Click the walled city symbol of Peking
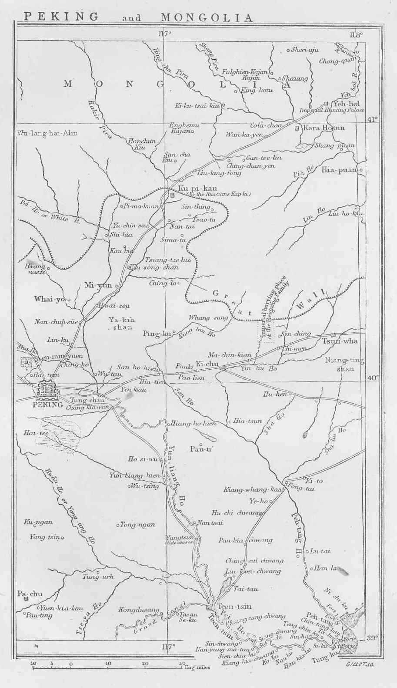coord(49,391)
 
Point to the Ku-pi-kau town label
coord(191,188)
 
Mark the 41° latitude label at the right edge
coord(373,119)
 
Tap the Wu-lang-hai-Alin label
coord(47,133)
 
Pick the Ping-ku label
coord(157,334)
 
